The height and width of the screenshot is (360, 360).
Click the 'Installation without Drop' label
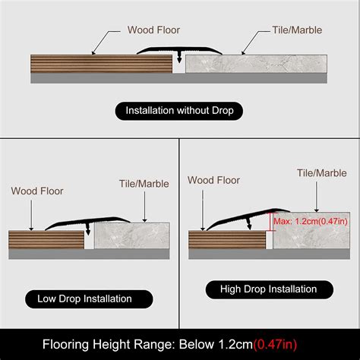click(x=179, y=111)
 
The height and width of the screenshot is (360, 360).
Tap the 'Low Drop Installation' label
click(x=84, y=298)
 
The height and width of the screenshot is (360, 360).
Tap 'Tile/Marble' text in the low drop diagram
click(x=144, y=183)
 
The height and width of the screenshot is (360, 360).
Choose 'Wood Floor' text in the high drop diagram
click(x=213, y=180)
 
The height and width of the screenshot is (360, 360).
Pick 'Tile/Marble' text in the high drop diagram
click(x=320, y=173)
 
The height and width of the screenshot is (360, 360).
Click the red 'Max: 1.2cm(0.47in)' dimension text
click(x=312, y=221)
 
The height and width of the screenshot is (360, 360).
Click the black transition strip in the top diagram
click(x=179, y=51)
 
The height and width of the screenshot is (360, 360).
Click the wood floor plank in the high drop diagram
click(x=228, y=241)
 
